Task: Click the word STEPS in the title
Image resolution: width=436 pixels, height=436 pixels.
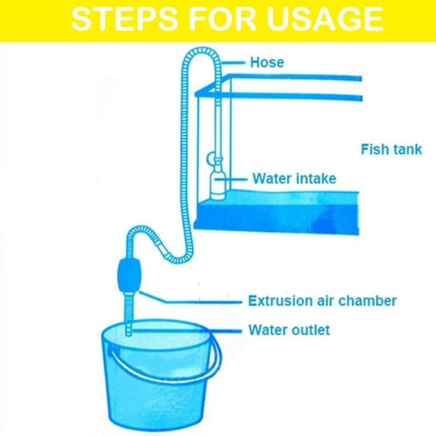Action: tap(124, 19)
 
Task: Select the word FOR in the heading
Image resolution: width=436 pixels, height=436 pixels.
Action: tap(222, 19)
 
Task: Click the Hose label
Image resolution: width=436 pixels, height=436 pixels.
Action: tap(267, 62)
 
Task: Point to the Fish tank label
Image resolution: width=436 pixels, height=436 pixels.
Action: tap(391, 149)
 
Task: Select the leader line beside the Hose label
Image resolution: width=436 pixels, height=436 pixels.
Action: tap(233, 63)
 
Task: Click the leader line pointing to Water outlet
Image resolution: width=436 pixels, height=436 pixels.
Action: tap(186, 331)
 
